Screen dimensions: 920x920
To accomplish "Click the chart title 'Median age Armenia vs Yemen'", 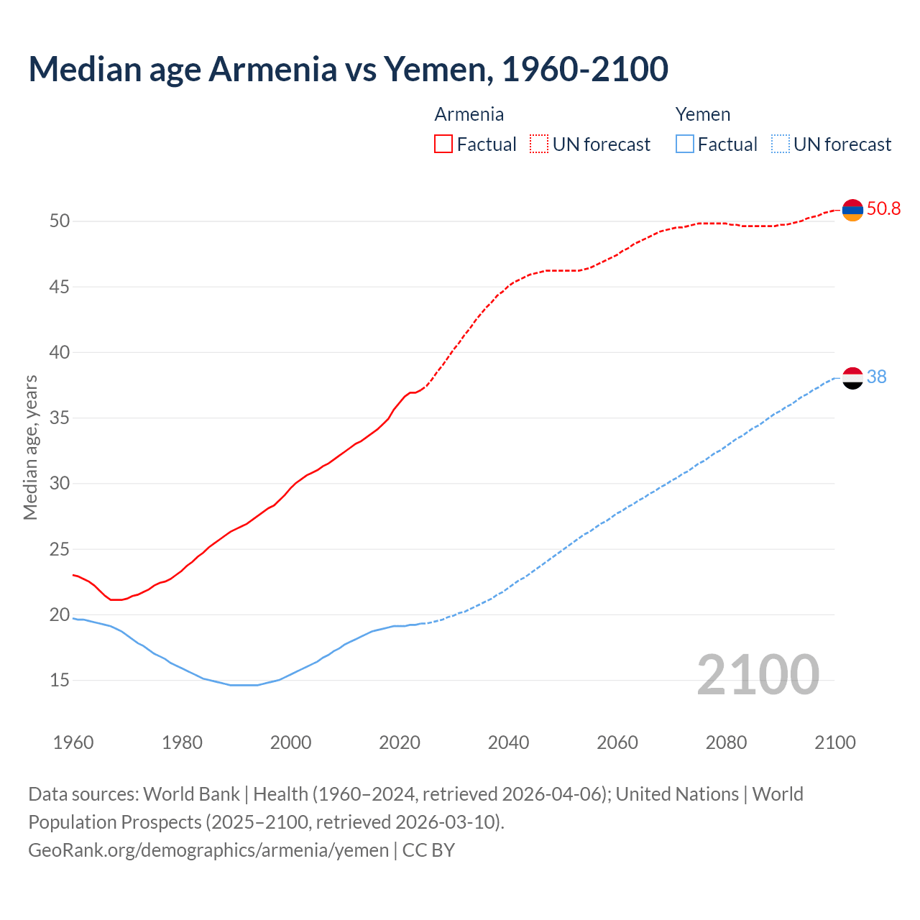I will tap(348, 69).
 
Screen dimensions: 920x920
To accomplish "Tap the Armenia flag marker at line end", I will tap(852, 210).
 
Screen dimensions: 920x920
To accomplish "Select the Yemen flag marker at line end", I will tap(852, 377).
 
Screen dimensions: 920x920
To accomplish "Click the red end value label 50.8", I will tap(883, 209).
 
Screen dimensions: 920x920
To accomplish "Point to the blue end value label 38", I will tap(876, 377).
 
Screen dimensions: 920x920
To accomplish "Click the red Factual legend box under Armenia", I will tap(443, 144).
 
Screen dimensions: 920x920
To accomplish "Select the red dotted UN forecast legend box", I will tap(539, 144).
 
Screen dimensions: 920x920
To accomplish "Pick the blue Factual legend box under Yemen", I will tap(685, 144).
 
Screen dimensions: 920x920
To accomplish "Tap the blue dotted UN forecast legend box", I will tap(780, 144).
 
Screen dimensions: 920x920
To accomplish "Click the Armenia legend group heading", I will tap(469, 114).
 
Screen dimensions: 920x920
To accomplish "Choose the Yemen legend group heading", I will tap(702, 114).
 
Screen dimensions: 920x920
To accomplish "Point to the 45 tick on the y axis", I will tap(60, 287).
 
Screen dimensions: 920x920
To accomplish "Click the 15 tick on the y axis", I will tap(60, 680).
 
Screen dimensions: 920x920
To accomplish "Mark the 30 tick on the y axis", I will tap(60, 483).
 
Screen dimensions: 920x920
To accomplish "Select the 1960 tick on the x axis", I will tap(73, 742).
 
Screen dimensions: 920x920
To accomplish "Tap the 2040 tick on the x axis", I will tap(508, 742).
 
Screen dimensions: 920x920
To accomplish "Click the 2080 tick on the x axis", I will tap(726, 742).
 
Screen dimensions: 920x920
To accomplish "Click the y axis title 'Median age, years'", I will tap(30, 447).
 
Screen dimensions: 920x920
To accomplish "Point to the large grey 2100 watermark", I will tap(758, 675).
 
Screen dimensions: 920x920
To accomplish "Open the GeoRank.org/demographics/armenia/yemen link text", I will tap(208, 850).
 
